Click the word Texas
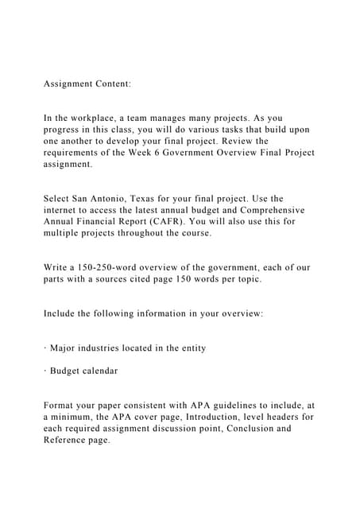[154, 198]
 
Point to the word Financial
[104, 222]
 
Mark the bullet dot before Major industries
[45, 348]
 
